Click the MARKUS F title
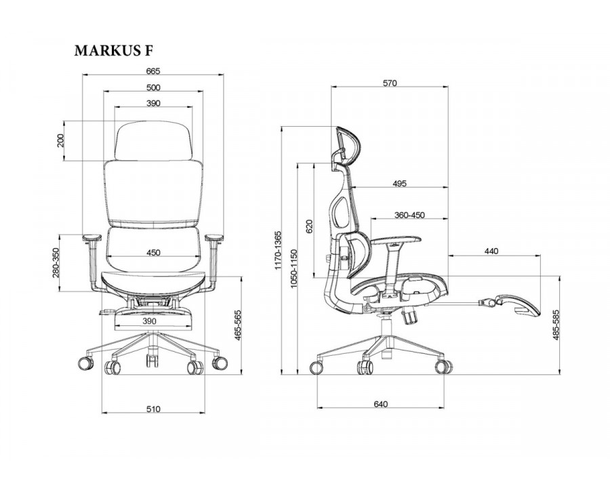coord(114,51)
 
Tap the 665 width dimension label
coord(153,70)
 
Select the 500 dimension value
coord(153,87)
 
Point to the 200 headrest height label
coord(60,140)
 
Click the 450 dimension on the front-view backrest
coord(153,253)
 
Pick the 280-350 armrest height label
coord(56,264)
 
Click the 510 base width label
coord(153,409)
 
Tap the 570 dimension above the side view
coord(390,83)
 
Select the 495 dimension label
coord(399,183)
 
